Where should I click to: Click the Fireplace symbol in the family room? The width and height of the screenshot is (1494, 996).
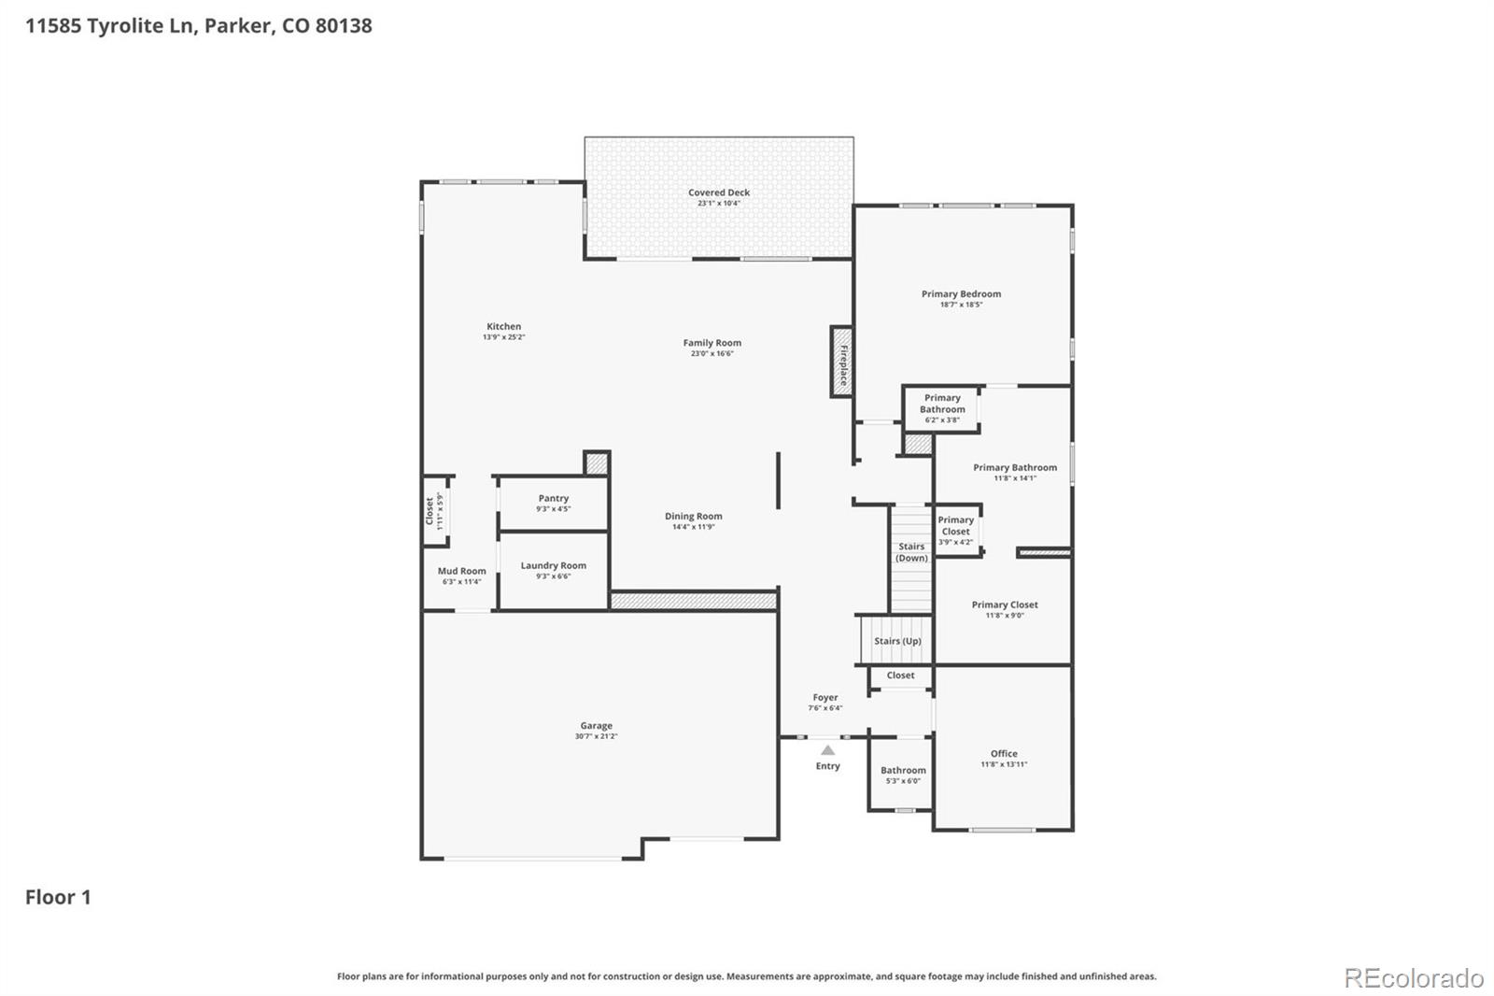(841, 362)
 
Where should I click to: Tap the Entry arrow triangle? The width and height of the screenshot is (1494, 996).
(827, 749)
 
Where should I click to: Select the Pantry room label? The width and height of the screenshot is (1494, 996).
(553, 499)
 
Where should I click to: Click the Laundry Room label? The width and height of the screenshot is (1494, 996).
(553, 565)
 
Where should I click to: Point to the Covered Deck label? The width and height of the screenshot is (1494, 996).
(719, 192)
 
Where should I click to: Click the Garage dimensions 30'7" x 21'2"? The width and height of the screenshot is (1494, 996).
(596, 736)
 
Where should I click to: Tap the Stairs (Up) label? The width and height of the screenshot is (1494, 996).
(897, 641)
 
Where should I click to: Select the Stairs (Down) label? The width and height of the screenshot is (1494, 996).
(911, 552)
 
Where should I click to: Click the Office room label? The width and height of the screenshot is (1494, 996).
(1004, 753)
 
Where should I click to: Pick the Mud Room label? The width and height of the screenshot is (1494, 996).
(461, 571)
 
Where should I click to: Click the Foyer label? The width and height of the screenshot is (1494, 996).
(825, 697)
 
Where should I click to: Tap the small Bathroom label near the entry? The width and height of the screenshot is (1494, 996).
(903, 771)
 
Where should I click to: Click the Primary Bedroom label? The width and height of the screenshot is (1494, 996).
(961, 293)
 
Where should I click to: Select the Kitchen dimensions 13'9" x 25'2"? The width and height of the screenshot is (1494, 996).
(503, 337)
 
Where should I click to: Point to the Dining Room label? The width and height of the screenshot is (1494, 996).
(693, 516)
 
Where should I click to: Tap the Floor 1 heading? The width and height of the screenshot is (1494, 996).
(58, 897)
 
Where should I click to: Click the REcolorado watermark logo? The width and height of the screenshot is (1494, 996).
(1413, 977)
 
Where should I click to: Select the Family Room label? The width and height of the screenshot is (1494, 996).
(712, 343)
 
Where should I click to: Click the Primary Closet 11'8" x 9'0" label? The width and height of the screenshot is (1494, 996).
(1004, 605)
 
